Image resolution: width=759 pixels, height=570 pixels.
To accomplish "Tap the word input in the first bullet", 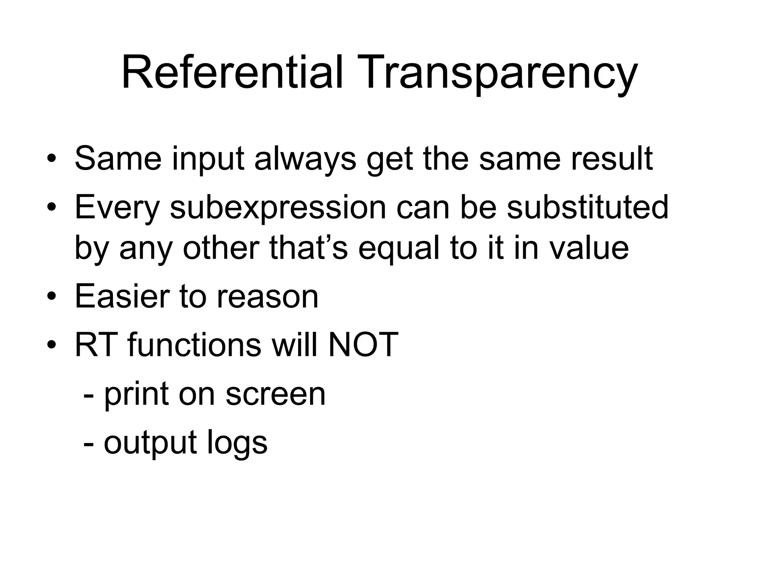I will [x=208, y=160].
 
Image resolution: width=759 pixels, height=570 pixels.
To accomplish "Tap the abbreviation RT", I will [x=96, y=345].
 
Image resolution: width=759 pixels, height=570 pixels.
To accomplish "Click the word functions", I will [x=194, y=345].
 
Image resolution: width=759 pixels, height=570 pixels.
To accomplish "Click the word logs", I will [x=237, y=443].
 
